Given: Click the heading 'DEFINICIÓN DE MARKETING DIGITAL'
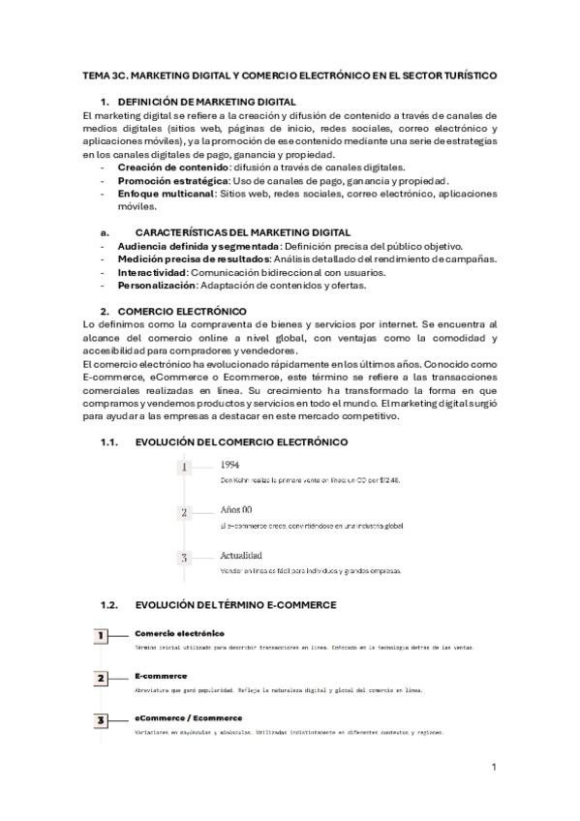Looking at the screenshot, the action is click(x=206, y=103).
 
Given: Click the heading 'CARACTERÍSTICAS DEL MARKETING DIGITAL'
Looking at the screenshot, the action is click(x=243, y=233).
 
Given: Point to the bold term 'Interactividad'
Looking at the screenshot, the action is click(x=151, y=272).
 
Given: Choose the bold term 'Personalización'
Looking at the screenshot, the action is click(x=157, y=286).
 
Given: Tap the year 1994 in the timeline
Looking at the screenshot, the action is click(x=231, y=465).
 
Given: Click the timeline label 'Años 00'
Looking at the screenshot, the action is click(x=236, y=510).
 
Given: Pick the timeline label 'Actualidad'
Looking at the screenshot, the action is click(x=241, y=556).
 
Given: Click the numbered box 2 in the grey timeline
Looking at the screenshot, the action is click(x=184, y=512).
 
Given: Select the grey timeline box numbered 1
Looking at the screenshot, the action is click(x=184, y=467).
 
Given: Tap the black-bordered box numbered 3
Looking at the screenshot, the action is click(x=101, y=720).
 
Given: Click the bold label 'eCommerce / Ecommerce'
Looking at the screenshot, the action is click(x=188, y=717).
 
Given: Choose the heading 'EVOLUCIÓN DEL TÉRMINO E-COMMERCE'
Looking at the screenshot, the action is click(x=236, y=605).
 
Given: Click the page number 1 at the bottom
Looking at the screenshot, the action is click(x=494, y=767).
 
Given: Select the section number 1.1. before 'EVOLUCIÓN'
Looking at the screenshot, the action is click(x=108, y=441).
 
